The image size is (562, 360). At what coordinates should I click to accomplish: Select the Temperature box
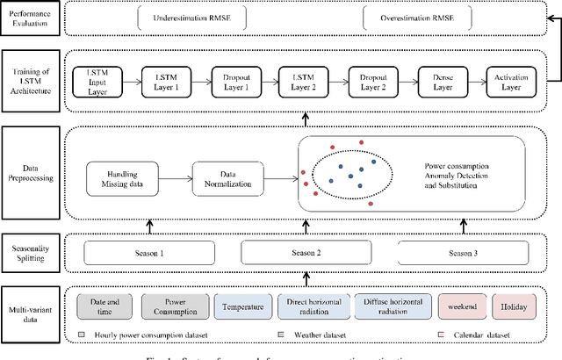[241, 307]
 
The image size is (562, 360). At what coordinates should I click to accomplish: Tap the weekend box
[462, 307]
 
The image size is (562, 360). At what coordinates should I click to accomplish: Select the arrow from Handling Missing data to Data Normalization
[175, 180]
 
